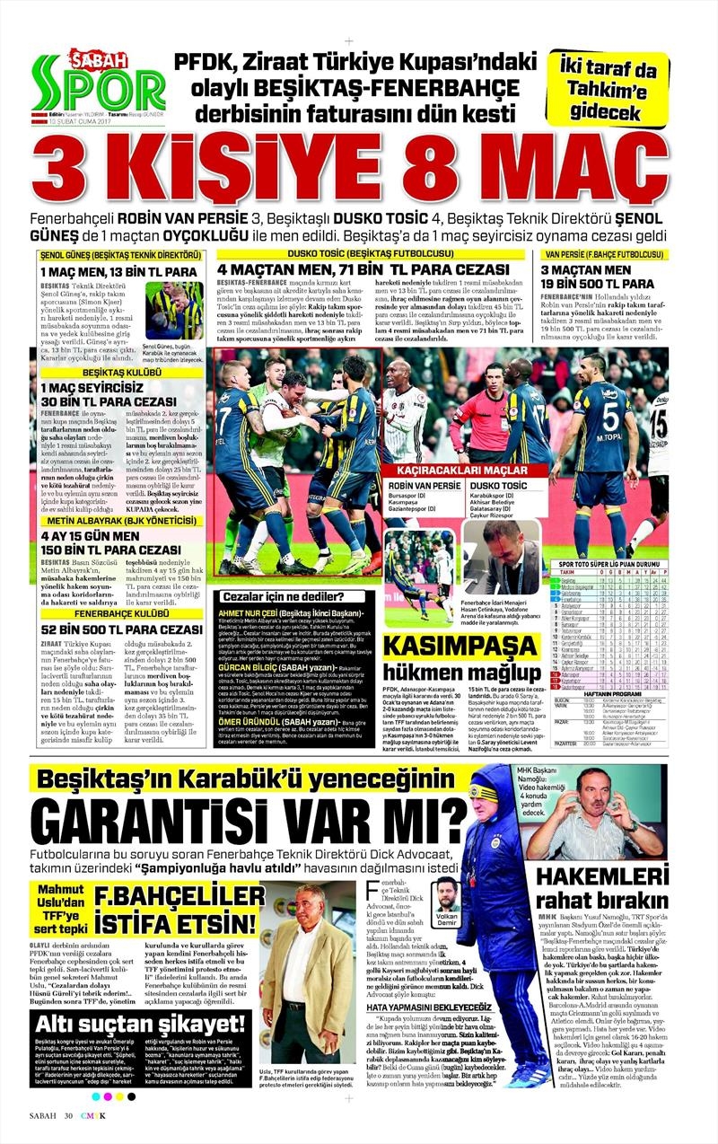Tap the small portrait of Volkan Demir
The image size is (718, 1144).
(446, 893)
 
